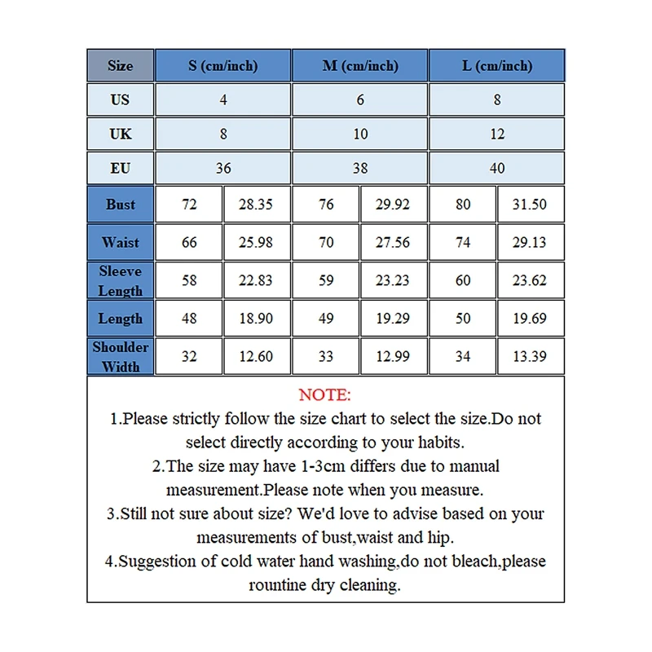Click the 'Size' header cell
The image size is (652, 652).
coord(121,66)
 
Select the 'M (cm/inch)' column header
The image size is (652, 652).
coord(359,66)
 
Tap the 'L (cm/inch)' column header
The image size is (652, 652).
coord(496,66)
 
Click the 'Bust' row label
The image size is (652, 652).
coord(121,205)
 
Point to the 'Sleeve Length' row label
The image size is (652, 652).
coord(121,280)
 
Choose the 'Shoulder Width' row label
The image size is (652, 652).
coord(121,356)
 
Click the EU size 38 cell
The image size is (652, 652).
coord(359,169)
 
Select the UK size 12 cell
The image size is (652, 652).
coord(496,134)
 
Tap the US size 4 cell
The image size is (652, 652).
coord(223,100)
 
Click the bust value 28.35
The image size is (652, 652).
coord(256,205)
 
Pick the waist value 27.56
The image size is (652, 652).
coord(393,242)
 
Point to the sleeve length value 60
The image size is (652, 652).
coord(463,280)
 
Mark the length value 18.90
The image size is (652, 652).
coord(256,319)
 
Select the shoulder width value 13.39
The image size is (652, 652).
coord(530,356)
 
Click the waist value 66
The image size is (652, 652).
coord(189,242)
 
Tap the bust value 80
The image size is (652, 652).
coord(463,205)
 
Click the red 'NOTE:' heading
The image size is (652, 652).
coord(324,395)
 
